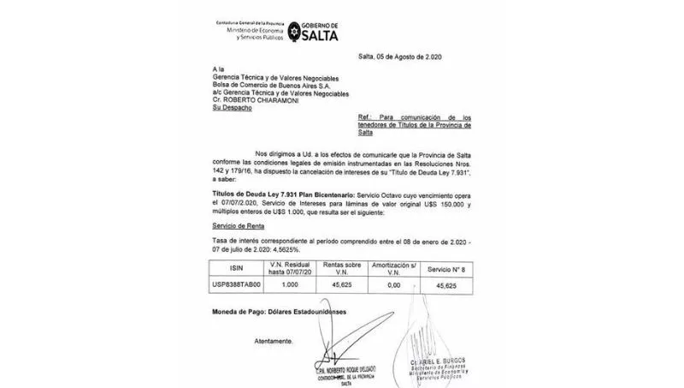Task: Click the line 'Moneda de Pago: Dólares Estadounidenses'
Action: (280, 313)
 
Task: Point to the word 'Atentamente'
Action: (274, 340)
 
